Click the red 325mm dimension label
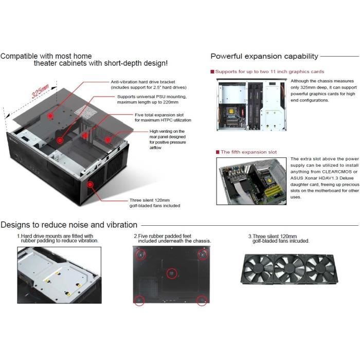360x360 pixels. (x=40, y=91)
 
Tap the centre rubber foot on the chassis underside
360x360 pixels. (x=171, y=274)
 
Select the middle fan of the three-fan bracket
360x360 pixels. (x=289, y=269)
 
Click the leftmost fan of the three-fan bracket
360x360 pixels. (x=258, y=269)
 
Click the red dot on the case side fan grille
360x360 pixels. (x=90, y=184)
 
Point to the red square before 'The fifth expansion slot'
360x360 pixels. (x=218, y=152)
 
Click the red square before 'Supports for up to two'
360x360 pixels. (x=212, y=71)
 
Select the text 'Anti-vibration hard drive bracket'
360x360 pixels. (x=143, y=82)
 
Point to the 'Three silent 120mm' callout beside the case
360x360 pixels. (x=150, y=200)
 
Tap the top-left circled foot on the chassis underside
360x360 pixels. (x=140, y=255)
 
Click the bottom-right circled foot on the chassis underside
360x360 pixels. (x=202, y=300)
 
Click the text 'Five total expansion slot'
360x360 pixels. (x=159, y=115)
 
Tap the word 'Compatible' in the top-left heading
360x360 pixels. (x=19, y=56)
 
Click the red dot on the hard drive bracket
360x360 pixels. (x=50, y=116)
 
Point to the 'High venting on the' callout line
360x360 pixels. (x=167, y=131)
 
